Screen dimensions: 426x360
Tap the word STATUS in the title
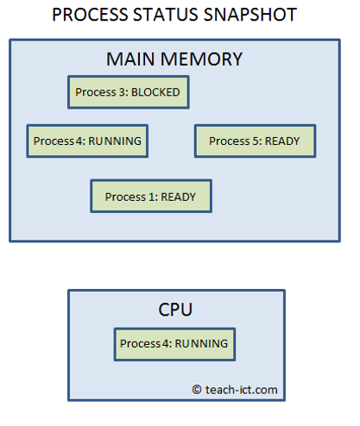pos(168,15)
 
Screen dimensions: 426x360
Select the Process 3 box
pos(128,91)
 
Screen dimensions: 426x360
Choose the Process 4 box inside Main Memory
pos(86,141)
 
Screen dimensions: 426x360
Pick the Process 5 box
pos(255,141)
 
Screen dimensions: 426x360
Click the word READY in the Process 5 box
pos(283,141)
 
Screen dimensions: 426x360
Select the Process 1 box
pos(150,196)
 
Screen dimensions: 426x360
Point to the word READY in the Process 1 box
pos(178,196)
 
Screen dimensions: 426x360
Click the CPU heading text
pos(175,309)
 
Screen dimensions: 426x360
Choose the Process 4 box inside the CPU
pos(174,343)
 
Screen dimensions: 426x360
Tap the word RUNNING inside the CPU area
pos(200,343)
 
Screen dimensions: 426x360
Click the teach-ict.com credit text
pos(242,390)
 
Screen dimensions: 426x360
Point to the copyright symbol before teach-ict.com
pos(197,390)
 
